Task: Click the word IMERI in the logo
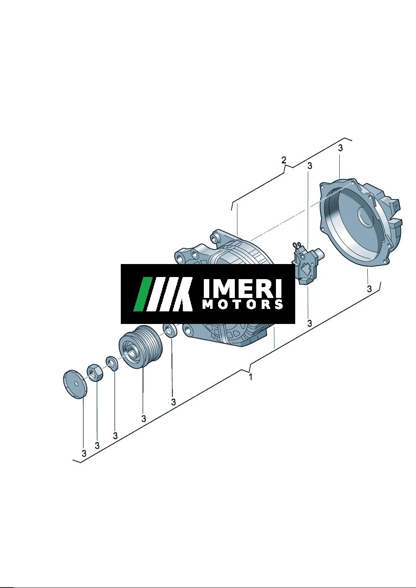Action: point(242,288)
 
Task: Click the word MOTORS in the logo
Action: point(243,304)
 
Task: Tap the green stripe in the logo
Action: point(142,294)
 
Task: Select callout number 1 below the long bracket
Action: point(250,377)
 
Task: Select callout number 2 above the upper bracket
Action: point(283,160)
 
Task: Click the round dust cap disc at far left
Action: point(75,384)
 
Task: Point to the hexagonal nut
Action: point(94,373)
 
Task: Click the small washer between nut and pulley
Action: point(112,363)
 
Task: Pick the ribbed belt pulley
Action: point(141,347)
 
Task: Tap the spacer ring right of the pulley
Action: point(170,331)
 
